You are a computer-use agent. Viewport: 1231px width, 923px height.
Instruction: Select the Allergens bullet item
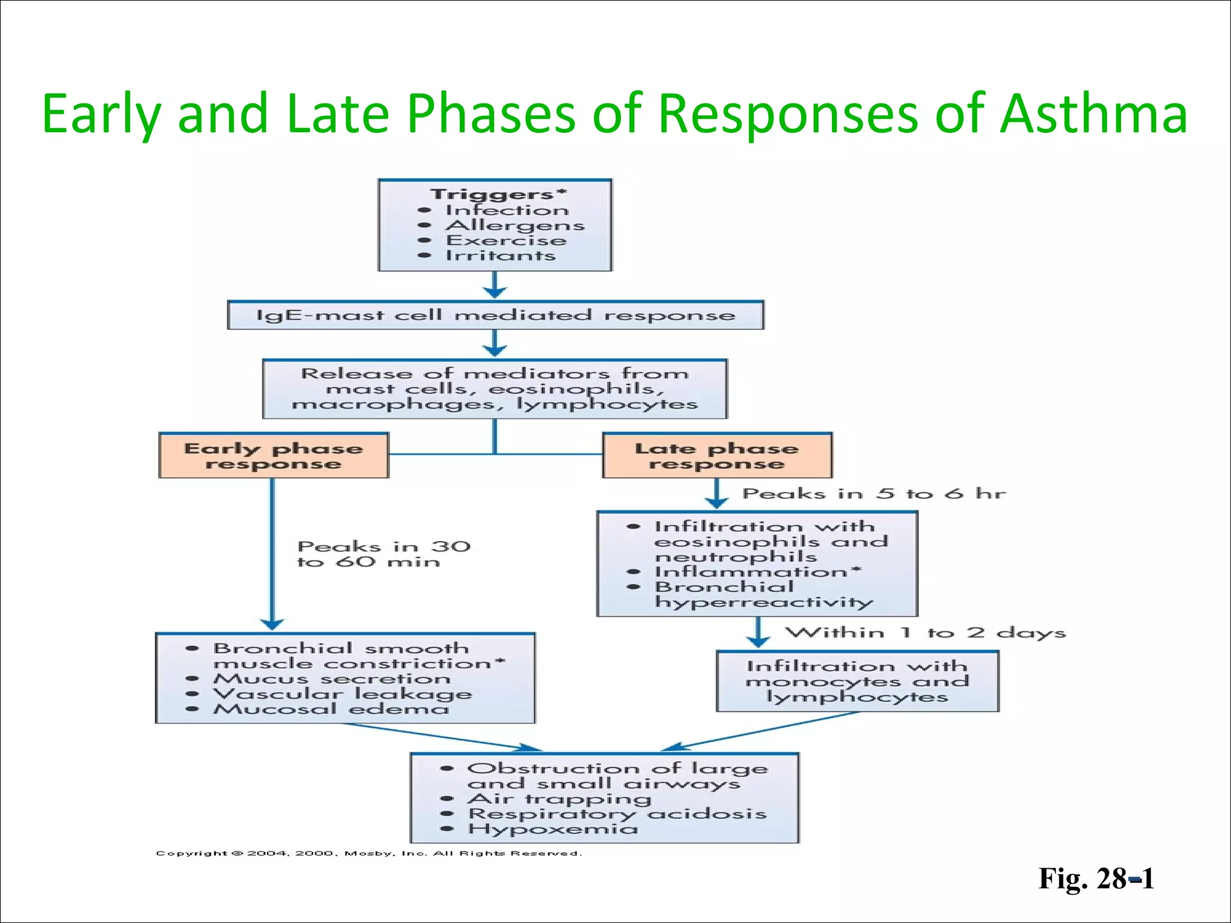pyautogui.click(x=515, y=225)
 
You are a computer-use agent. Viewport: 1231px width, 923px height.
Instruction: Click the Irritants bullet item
pyautogui.click(x=500, y=255)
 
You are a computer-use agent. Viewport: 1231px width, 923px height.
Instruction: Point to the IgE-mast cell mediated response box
pyautogui.click(x=495, y=315)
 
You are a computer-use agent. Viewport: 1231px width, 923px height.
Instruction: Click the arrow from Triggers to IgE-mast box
pyautogui.click(x=495, y=285)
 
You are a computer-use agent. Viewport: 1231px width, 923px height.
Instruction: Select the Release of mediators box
pyautogui.click(x=495, y=389)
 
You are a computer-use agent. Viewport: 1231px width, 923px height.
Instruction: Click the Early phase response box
pyautogui.click(x=273, y=455)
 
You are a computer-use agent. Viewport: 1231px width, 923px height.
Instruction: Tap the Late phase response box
pyautogui.click(x=716, y=455)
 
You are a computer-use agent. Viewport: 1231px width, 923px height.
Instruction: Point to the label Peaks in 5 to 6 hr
pyautogui.click(x=873, y=494)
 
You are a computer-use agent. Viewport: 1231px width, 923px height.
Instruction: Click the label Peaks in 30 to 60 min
pyautogui.click(x=383, y=554)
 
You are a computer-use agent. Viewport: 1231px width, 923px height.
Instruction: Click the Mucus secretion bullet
pyautogui.click(x=332, y=678)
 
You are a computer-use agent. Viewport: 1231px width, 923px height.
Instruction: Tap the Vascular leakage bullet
pyautogui.click(x=343, y=693)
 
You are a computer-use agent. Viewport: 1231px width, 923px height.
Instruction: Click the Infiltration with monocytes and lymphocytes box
pyautogui.click(x=857, y=681)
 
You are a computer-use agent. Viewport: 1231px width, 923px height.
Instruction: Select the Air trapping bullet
pyautogui.click(x=559, y=799)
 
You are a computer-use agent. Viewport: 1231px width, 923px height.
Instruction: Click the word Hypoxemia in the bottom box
pyautogui.click(x=553, y=829)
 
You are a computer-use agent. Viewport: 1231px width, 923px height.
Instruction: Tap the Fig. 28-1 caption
pyautogui.click(x=1096, y=879)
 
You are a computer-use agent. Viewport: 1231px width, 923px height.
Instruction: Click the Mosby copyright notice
pyautogui.click(x=368, y=853)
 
